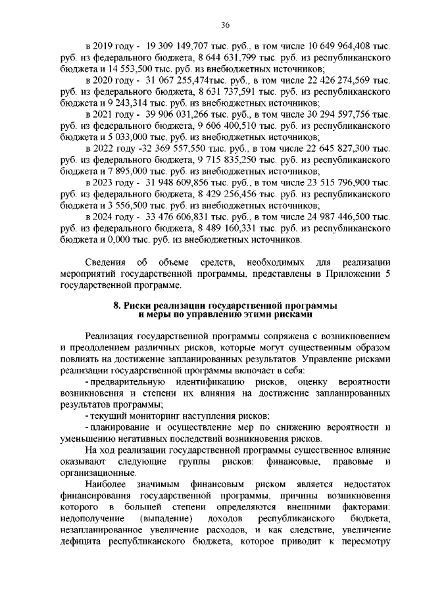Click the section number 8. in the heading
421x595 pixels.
click(118, 306)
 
